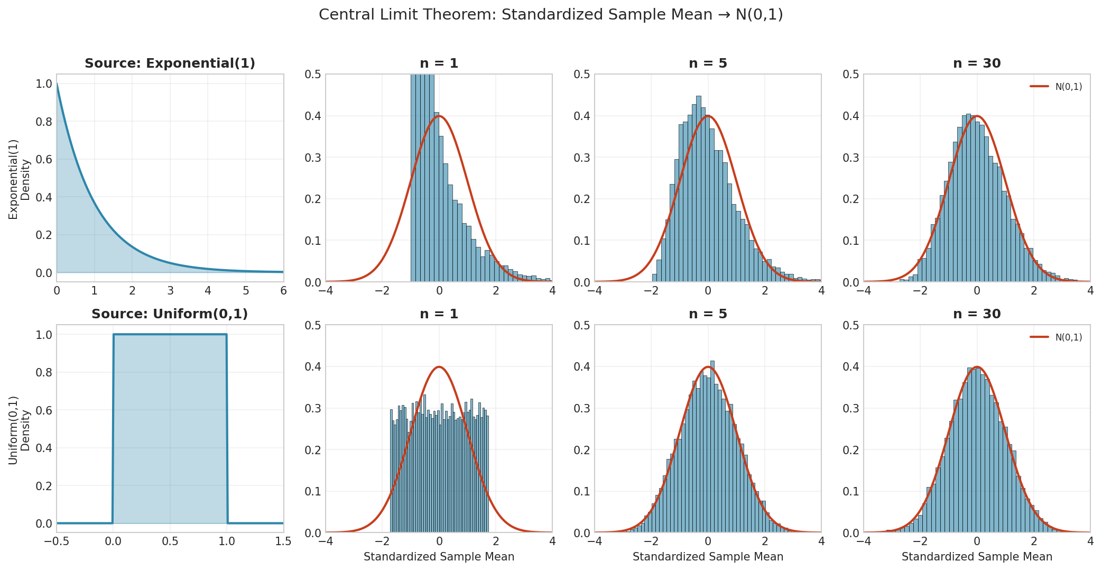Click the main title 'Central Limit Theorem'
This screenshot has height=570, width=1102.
pos(551,15)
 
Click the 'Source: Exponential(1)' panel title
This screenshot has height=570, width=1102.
pos(170,63)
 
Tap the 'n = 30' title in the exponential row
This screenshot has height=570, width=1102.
pos(977,63)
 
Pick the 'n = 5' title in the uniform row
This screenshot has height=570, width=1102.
pos(708,314)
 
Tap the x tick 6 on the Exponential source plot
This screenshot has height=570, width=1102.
pos(283,291)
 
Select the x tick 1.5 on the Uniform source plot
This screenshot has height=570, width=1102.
pos(283,541)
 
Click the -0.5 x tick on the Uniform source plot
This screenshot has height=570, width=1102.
pos(57,541)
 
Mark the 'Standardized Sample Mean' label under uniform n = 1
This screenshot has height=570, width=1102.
pos(439,557)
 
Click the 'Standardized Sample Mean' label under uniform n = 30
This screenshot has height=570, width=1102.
pos(977,557)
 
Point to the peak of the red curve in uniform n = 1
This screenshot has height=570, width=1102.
pos(439,367)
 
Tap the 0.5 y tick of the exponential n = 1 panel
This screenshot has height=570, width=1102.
pos(313,75)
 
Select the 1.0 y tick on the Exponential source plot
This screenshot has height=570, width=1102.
pos(44,84)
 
